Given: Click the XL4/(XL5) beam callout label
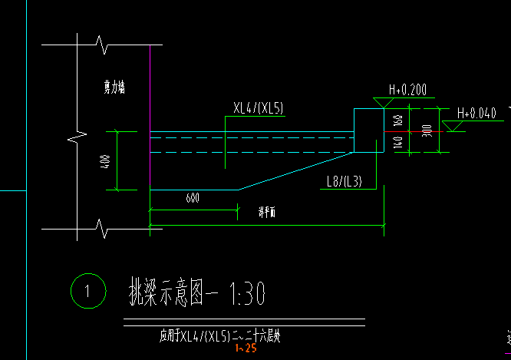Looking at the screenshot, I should pos(259,109).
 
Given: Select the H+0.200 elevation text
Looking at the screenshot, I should pos(407,91).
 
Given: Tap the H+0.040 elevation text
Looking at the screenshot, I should pos(476,114).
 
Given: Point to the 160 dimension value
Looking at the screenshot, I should pos(397,120).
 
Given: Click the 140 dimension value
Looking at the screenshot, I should pos(397,141).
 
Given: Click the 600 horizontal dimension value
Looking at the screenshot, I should pos(193,199).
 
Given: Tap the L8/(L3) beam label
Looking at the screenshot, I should pos(344,182).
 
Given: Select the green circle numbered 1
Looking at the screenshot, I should pos(86,291).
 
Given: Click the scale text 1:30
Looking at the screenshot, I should pos(246,292).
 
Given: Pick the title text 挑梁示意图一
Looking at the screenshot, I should pos(173,292).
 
